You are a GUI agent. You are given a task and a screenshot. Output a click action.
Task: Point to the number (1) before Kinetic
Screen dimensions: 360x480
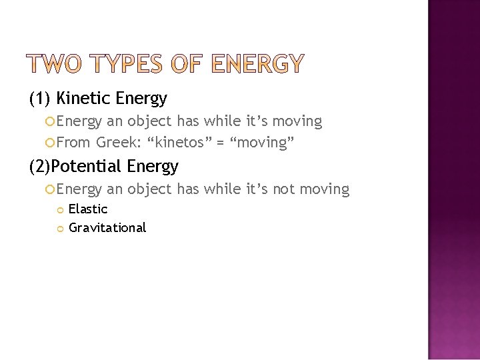41,99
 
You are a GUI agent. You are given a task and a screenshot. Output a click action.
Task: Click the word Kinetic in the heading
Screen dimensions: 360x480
84,99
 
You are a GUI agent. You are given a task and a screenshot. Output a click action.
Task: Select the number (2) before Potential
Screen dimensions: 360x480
40,166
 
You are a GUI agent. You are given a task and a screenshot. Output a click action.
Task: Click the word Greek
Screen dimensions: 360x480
115,142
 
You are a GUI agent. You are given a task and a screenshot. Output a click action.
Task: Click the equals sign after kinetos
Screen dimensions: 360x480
221,143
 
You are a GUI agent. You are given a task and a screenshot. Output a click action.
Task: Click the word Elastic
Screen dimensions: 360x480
88,209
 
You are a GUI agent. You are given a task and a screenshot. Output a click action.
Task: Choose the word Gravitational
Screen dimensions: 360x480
107,228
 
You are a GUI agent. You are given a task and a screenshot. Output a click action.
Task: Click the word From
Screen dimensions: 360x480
73,142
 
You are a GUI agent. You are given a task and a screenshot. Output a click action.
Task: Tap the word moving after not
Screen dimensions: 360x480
325,190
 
